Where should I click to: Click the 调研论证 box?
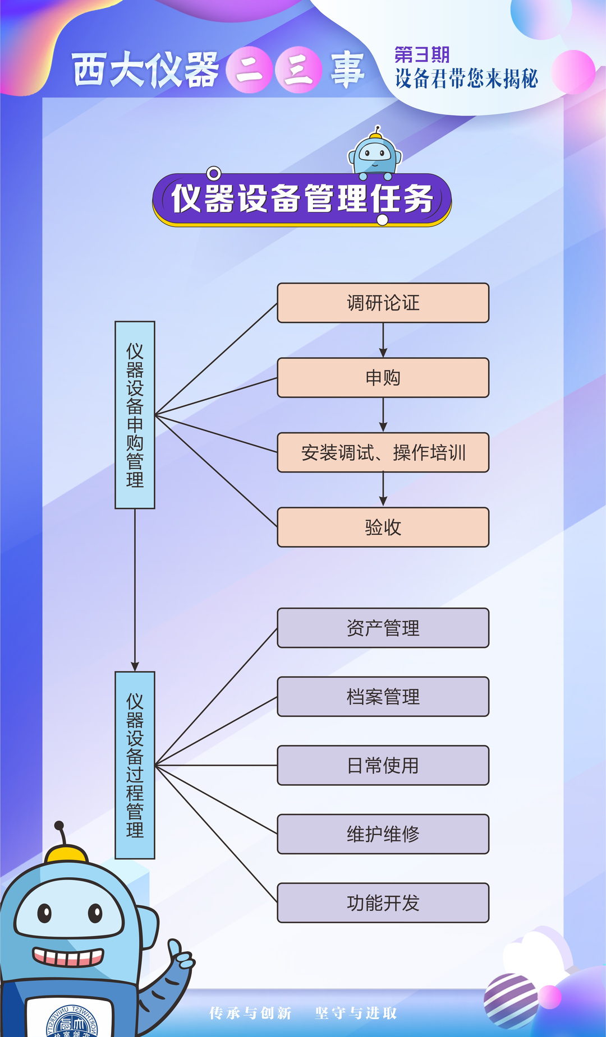click(x=383, y=303)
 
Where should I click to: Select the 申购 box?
click(x=383, y=378)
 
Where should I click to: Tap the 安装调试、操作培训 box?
click(x=383, y=452)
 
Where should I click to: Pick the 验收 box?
click(x=383, y=527)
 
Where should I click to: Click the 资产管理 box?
click(x=383, y=628)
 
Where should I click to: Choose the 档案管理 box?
click(x=383, y=697)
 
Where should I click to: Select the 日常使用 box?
click(x=383, y=765)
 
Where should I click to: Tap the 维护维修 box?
click(x=383, y=834)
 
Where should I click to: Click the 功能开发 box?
click(x=383, y=902)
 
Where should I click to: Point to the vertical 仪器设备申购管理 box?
click(x=135, y=415)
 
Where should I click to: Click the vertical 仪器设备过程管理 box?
click(x=135, y=765)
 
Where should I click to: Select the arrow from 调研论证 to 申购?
click(x=383, y=340)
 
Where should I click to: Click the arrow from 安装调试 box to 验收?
click(x=383, y=489)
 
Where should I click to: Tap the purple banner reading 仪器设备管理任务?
click(x=302, y=199)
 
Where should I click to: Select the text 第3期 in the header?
click(x=422, y=55)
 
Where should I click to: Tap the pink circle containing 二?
click(x=250, y=70)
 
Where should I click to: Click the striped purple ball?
click(x=511, y=1001)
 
